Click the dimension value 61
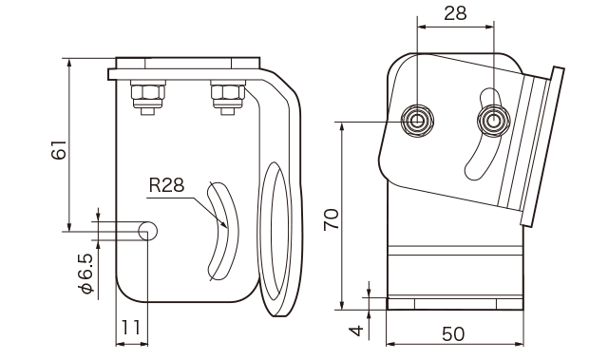tap(59, 149)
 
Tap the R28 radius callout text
tap(167, 185)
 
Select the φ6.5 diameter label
tap(86, 274)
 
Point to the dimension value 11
tap(131, 328)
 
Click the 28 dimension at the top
tap(455, 13)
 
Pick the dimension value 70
tap(332, 219)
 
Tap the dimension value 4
tap(356, 331)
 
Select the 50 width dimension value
tap(453, 334)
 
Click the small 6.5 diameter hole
tap(148, 232)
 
